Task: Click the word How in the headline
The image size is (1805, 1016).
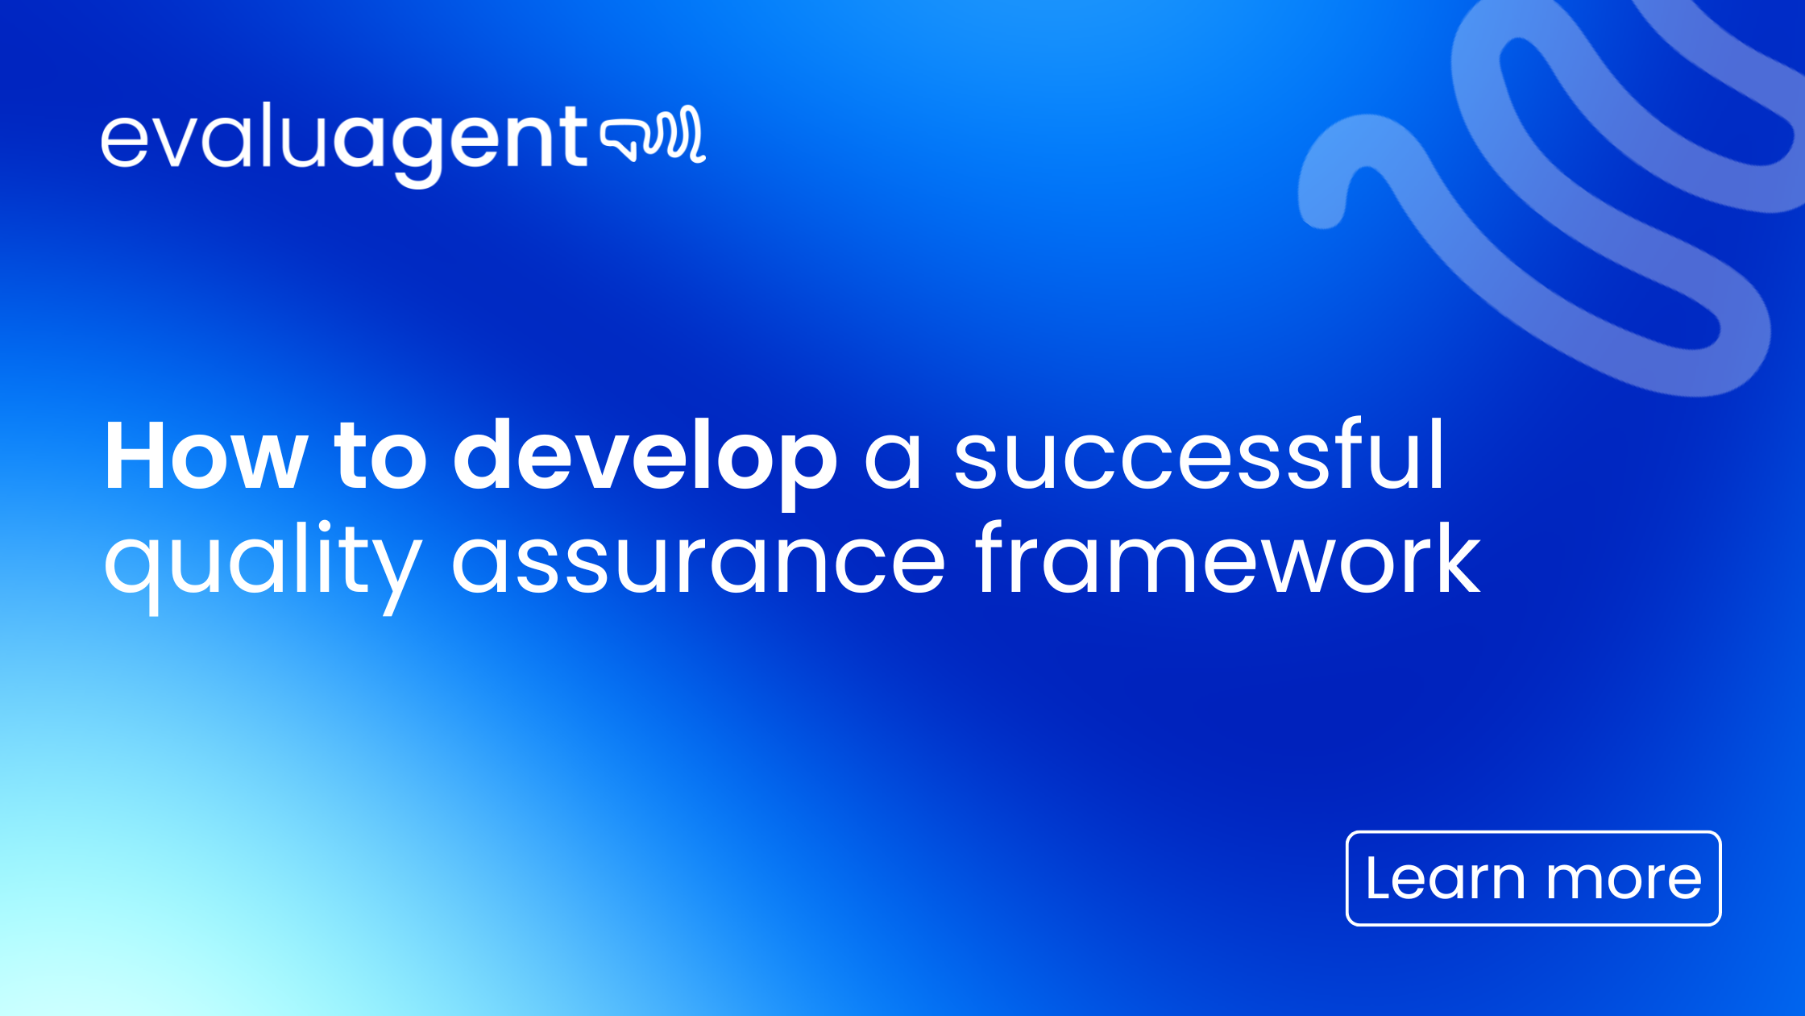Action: (x=205, y=457)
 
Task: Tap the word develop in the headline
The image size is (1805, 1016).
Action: (x=645, y=457)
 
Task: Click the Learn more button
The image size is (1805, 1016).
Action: (x=1533, y=878)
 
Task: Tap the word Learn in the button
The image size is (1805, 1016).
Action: (x=1445, y=878)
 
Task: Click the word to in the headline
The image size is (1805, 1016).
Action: (x=380, y=457)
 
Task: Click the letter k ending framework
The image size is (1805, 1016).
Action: (x=1450, y=558)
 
